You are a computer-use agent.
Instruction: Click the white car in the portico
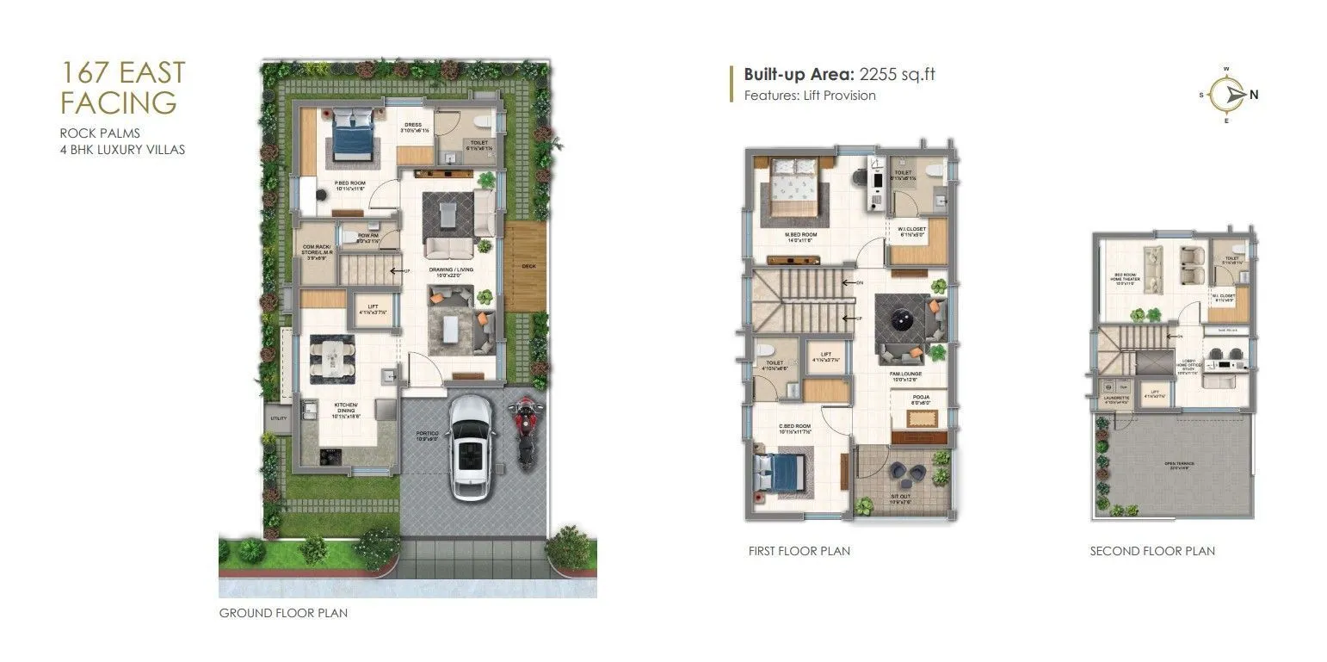point(472,446)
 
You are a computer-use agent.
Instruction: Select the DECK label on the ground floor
point(528,266)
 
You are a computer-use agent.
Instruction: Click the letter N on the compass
point(1254,96)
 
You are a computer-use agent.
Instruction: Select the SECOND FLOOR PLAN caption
point(1152,551)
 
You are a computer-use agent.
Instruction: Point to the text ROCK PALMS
point(100,133)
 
